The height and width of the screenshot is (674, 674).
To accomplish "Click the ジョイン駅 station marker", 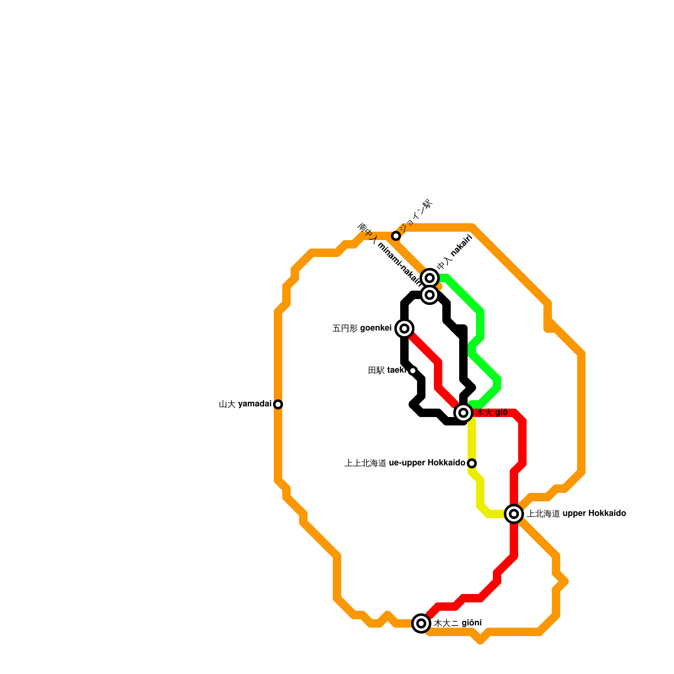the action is point(396,235).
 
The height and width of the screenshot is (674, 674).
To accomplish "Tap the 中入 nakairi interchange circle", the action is point(430,278).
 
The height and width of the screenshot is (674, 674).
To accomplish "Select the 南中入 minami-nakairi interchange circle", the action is point(430,295).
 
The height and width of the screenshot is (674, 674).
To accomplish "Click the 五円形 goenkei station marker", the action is point(404,328).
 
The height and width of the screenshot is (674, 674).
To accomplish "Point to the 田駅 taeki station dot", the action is point(413,371).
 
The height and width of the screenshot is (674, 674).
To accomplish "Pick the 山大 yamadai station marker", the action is point(278,404).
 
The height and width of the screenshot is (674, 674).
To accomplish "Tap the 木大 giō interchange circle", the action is point(463,413).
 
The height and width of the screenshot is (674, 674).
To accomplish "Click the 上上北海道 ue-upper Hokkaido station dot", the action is point(472,463).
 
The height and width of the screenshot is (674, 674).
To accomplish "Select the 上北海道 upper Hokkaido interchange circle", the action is point(514,514).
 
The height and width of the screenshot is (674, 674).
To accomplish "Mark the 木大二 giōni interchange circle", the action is point(421,623).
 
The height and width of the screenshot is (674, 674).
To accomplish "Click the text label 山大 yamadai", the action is point(245,404).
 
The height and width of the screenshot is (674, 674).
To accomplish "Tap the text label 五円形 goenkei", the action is point(362,328).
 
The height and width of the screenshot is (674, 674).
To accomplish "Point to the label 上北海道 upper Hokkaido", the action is point(576,514).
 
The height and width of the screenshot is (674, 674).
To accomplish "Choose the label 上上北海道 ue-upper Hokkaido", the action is point(405,463).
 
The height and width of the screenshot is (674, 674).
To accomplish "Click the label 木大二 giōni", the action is point(458,623).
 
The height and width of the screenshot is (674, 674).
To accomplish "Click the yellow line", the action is point(472,442).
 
